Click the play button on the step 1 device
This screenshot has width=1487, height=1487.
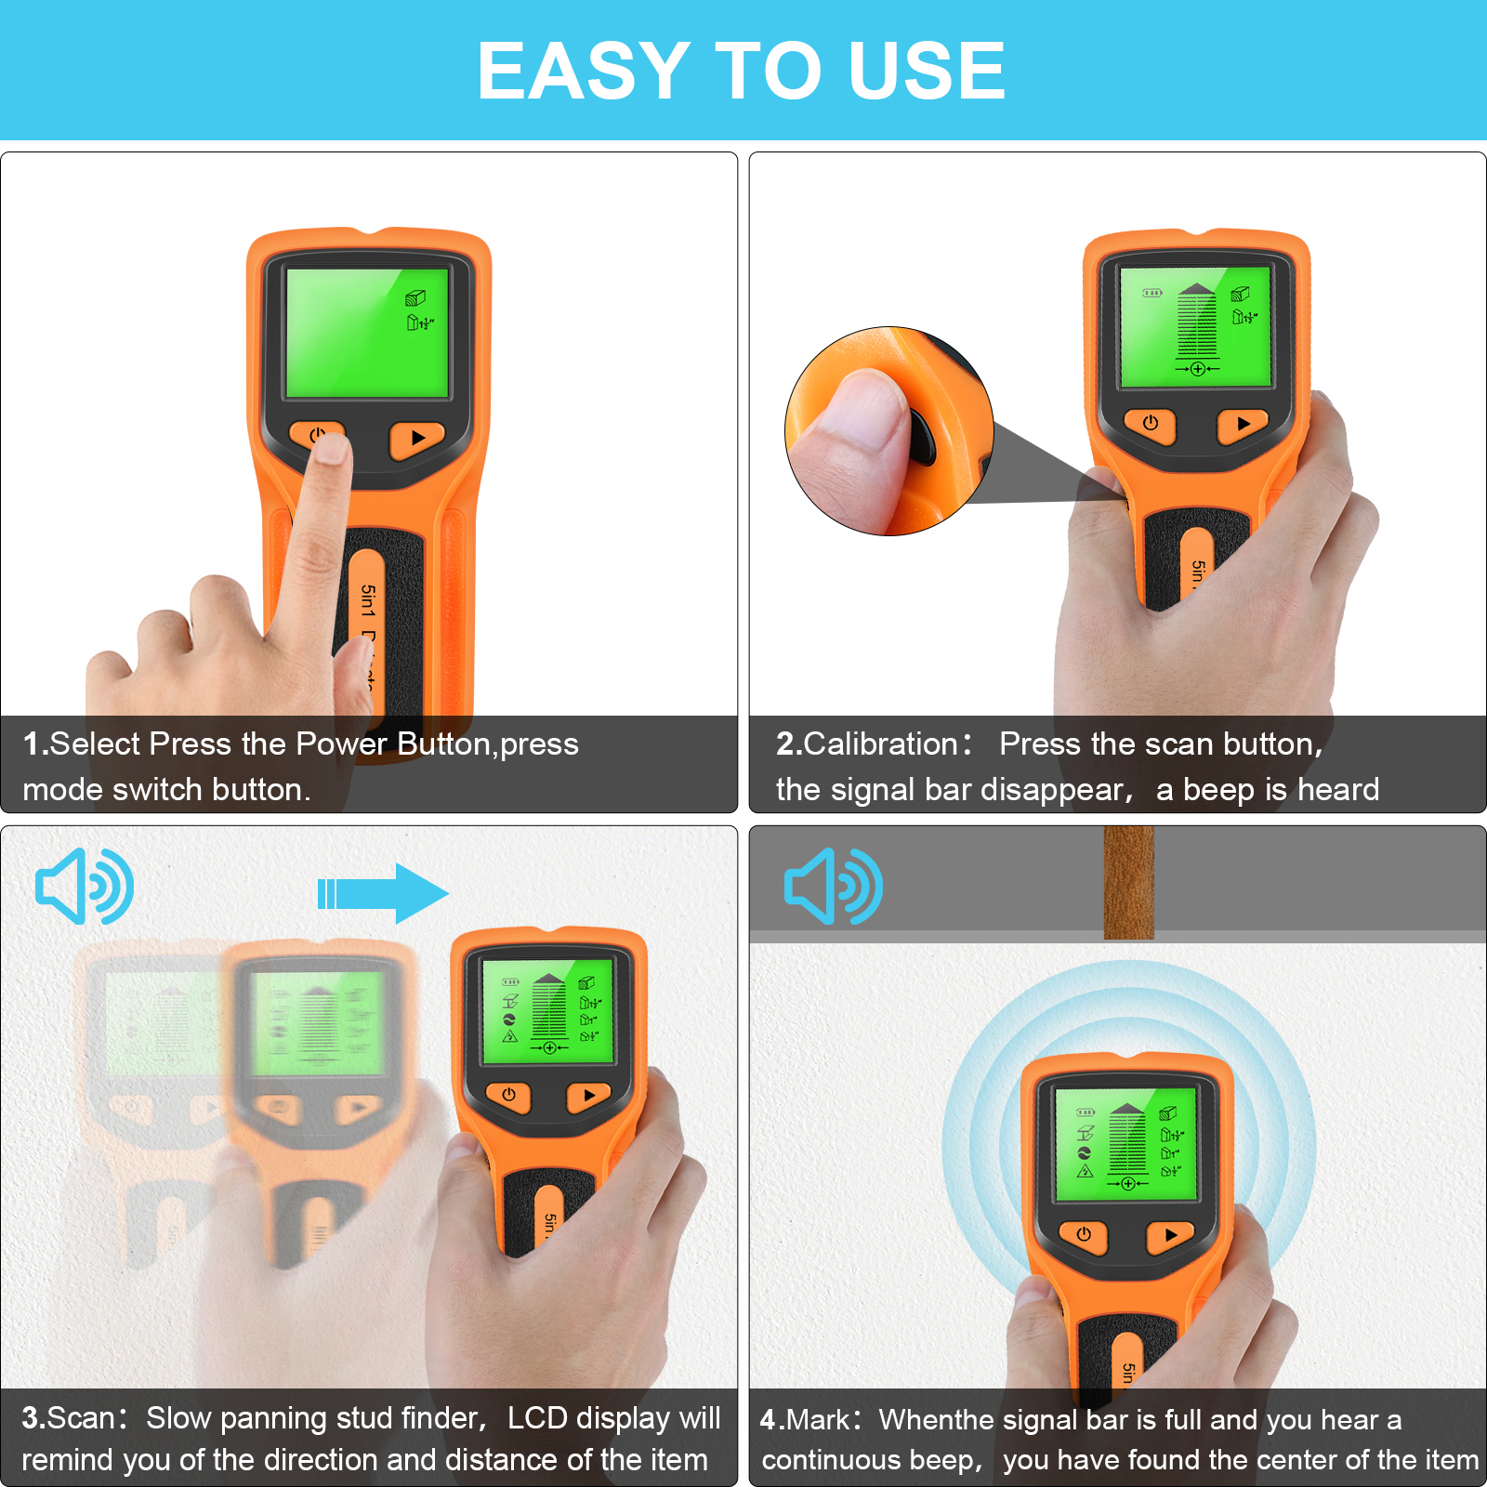(416, 438)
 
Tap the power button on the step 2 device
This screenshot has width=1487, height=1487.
(1150, 424)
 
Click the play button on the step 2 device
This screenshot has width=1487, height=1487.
(1243, 424)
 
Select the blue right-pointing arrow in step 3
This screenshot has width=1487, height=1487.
(383, 893)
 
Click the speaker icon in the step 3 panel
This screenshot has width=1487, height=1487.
(84, 886)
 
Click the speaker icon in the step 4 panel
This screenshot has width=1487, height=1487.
(833, 886)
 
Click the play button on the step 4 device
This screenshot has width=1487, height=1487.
(1170, 1235)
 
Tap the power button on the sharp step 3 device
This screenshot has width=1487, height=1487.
(508, 1096)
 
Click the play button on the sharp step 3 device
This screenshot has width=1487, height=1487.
(588, 1096)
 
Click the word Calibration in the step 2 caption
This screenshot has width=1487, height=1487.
(880, 743)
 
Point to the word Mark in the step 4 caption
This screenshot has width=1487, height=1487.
(817, 1420)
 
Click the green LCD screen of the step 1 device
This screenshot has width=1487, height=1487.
(366, 333)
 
